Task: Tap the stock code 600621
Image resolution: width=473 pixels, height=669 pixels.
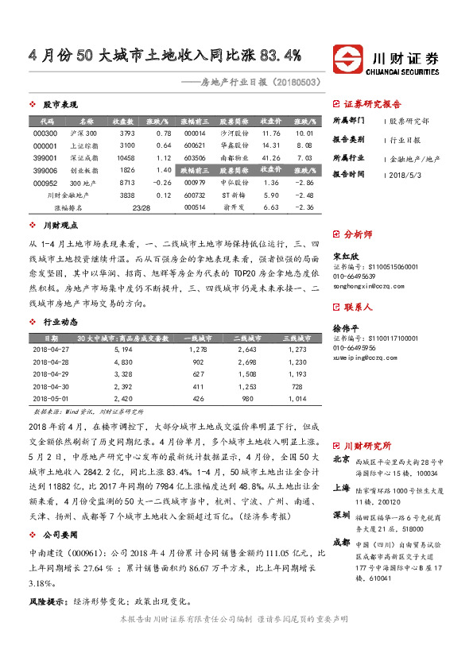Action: tap(195, 145)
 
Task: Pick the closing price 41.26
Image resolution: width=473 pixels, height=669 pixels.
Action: tap(270, 157)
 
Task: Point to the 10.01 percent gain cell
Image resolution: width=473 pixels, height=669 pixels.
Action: tap(304, 133)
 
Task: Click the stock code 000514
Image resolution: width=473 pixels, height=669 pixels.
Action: tap(195, 207)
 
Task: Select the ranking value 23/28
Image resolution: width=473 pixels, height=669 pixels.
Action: tap(142, 207)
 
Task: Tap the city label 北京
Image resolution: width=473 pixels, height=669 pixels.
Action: tap(341, 458)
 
